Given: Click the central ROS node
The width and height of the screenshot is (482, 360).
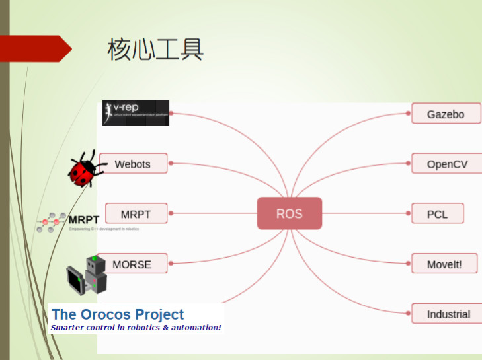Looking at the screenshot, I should [x=289, y=213].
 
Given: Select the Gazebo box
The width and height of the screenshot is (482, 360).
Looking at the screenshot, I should [x=446, y=114].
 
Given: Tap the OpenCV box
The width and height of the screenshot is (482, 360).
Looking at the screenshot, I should [x=447, y=164].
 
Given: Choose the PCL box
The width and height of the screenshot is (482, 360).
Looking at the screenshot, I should [x=437, y=214].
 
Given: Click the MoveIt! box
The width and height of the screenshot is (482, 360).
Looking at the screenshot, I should [x=444, y=264].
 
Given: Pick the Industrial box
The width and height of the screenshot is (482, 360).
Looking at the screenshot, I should [x=448, y=314].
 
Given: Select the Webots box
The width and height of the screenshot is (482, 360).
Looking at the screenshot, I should [x=133, y=164].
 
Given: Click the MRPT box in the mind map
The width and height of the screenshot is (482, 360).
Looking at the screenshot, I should [x=136, y=214].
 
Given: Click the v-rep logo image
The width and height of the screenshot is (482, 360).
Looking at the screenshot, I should [x=136, y=113].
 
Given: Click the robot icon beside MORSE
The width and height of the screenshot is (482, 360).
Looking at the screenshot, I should [x=87, y=274].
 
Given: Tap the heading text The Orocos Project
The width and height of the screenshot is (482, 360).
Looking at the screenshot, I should [x=118, y=314].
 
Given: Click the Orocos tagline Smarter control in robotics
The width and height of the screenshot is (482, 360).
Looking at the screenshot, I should [x=136, y=328].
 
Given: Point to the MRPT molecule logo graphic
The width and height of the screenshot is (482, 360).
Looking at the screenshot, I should [x=51, y=222].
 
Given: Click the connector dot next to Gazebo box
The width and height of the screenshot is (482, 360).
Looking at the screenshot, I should [x=407, y=114].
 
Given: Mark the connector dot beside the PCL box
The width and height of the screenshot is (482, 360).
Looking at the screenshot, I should [x=407, y=214].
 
